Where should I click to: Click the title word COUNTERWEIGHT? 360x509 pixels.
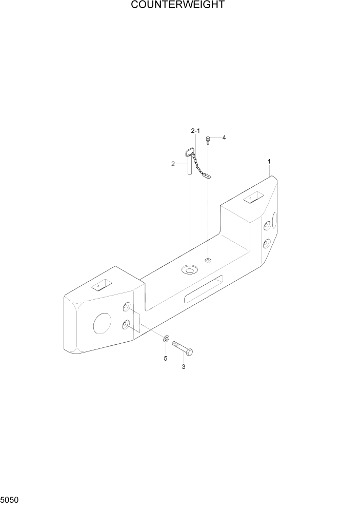(177, 6)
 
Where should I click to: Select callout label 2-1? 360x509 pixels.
(195, 132)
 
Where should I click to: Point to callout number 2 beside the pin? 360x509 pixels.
(173, 164)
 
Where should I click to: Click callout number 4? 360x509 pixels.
(224, 138)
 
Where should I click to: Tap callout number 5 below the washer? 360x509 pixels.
(165, 358)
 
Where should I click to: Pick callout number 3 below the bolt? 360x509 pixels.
(184, 366)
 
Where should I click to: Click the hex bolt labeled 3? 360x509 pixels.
(183, 348)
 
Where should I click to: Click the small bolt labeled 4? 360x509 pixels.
(208, 139)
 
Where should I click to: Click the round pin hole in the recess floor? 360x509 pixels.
(190, 269)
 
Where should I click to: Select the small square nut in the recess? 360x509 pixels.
(208, 260)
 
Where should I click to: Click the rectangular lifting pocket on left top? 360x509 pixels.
(101, 285)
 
